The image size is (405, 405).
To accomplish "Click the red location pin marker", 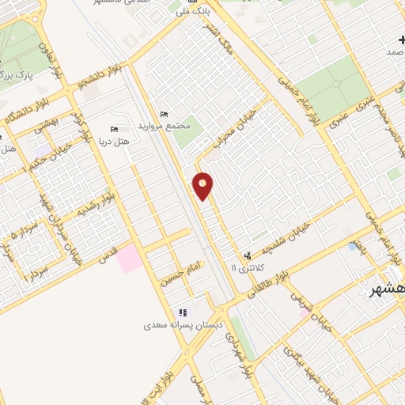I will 203,186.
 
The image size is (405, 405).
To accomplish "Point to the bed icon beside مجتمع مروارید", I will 164,114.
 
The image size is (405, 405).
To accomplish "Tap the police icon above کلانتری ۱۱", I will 249,255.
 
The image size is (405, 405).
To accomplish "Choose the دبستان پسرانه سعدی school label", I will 184,324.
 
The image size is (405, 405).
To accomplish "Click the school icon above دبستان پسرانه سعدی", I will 184,312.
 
